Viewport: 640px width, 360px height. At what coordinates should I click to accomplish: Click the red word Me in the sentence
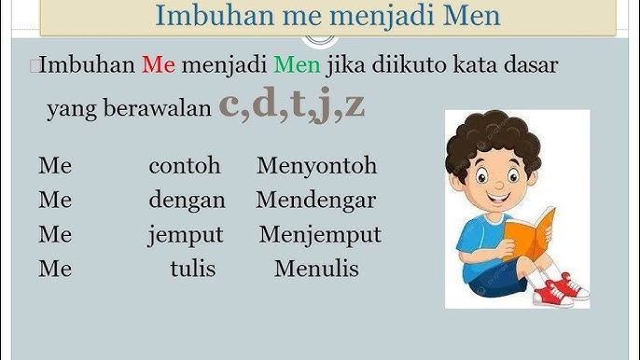point(159,65)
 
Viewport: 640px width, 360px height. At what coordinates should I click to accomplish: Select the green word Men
point(298,65)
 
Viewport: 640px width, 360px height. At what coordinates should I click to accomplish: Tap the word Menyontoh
point(316,166)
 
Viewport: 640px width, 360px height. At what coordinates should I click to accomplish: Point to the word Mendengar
point(315,201)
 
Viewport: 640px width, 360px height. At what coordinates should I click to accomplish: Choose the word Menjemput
point(320,234)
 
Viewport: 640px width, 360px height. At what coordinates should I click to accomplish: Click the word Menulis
point(316,269)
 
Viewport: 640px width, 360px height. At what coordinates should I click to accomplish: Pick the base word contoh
point(185,166)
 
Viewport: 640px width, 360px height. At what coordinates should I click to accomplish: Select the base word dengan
point(187,201)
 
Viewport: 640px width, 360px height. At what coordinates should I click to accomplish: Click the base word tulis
point(192,269)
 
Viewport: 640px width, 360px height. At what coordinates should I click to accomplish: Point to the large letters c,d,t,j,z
point(292,104)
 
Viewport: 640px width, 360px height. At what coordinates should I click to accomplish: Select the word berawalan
point(164,108)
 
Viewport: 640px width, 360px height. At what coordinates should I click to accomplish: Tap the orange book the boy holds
point(528,240)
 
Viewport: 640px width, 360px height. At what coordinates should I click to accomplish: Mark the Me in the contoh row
point(55,166)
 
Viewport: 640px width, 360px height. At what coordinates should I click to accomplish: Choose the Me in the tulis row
point(55,269)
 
